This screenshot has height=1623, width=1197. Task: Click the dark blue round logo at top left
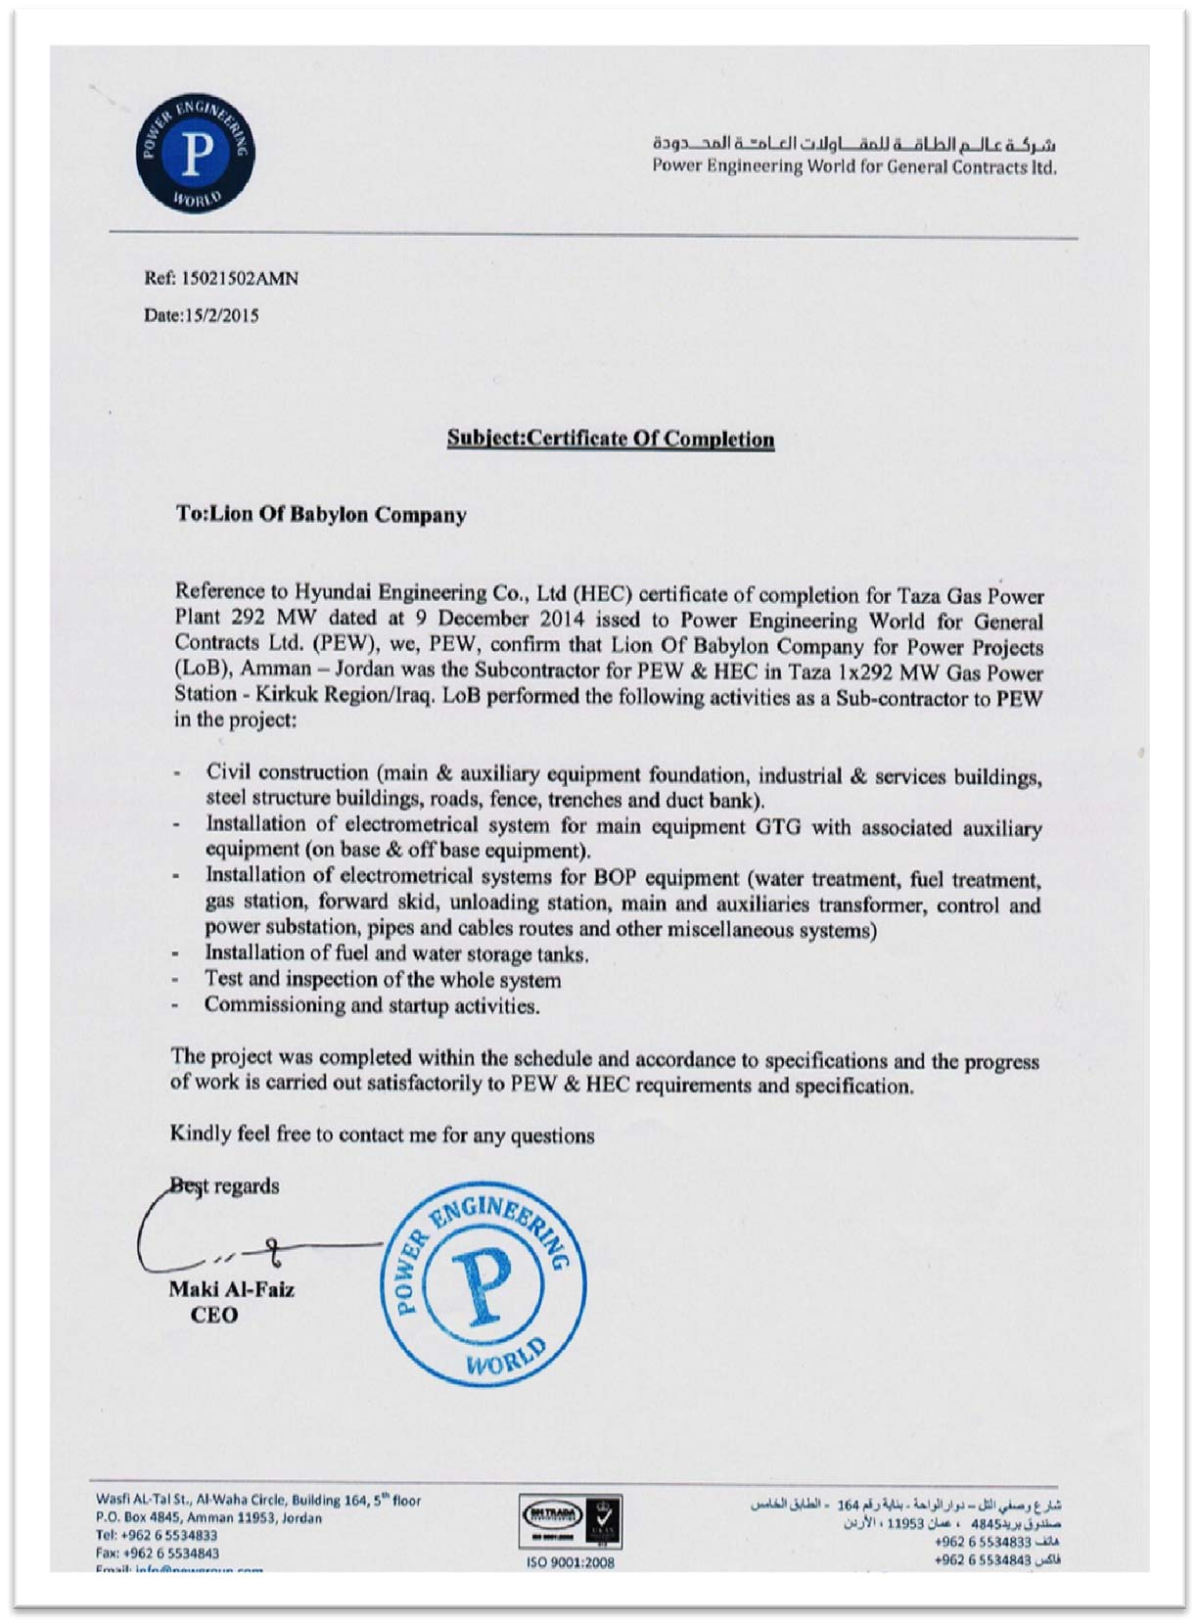tap(196, 154)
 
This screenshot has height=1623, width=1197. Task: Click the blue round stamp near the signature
tap(483, 1283)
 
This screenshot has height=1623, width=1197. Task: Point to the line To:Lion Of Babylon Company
tap(321, 514)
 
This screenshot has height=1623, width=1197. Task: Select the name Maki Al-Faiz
tap(231, 1289)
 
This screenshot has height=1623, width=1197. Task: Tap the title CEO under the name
tap(214, 1315)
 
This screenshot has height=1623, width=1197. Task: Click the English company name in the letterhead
tap(854, 166)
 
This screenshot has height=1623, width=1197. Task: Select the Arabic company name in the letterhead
tap(854, 144)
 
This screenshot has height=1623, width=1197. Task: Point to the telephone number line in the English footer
tap(157, 1536)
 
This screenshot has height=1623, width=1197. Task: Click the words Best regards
tap(225, 1186)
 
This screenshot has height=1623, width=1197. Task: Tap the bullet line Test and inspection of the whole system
tap(383, 979)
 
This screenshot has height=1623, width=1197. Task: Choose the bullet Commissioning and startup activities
tap(372, 1005)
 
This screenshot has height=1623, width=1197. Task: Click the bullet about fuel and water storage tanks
tap(396, 953)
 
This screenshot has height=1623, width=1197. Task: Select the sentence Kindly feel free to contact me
tap(383, 1135)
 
